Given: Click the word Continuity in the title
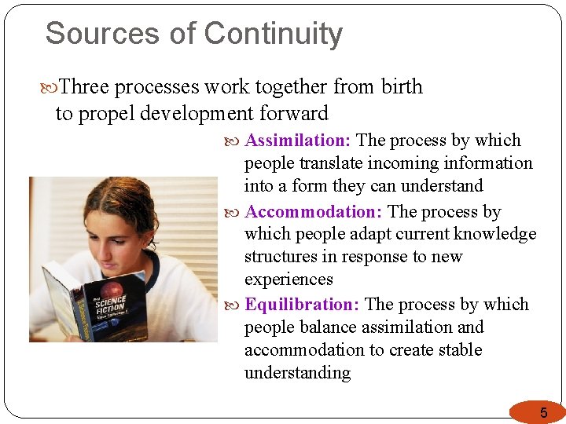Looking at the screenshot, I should [x=273, y=35].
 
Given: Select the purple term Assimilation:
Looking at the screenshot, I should [x=298, y=141].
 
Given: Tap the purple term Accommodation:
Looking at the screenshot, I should [x=314, y=212].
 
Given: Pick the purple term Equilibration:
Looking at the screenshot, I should [x=302, y=305].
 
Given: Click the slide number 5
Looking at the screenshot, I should [x=542, y=413].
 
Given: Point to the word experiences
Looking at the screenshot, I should [x=289, y=280].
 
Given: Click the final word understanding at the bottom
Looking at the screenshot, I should [x=297, y=373].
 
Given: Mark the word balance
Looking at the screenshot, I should [x=318, y=327].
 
